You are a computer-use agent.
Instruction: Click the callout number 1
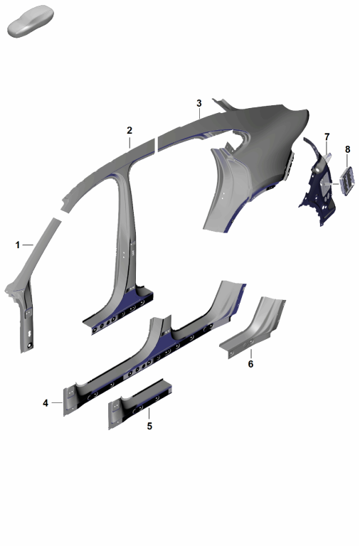[17, 245]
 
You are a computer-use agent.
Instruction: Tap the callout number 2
[129, 131]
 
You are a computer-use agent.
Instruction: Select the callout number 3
[199, 103]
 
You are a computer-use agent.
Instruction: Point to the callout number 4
[46, 403]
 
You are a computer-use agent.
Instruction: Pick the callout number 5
[149, 426]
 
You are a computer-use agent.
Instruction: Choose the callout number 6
[250, 364]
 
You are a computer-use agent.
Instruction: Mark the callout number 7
[327, 136]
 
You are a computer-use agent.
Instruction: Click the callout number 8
[347, 149]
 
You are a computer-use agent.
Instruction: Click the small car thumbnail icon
[31, 21]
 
